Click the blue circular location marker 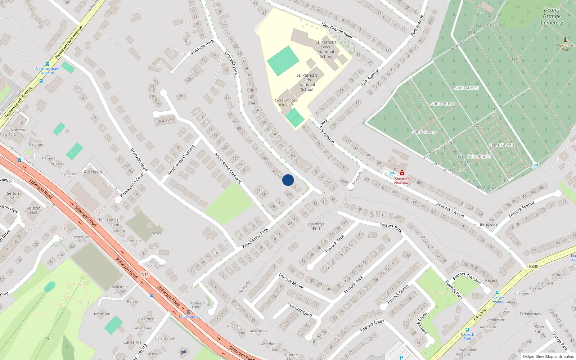[288, 180]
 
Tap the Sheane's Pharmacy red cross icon [402, 173]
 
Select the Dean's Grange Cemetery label [552, 16]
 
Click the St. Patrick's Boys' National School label [326, 49]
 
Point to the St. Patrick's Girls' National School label [307, 82]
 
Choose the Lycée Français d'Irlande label [286, 103]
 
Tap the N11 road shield [145, 274]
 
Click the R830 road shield [534, 266]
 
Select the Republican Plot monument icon [565, 40]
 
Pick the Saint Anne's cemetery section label [466, 87]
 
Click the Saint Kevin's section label [501, 145]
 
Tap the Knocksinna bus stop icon [189, 312]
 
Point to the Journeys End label [316, 226]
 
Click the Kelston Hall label [33, 210]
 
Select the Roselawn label [93, 172]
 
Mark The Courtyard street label [300, 310]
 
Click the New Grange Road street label [337, 30]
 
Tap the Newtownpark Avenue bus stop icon [47, 64]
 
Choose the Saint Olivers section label [423, 132]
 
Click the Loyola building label [155, 233]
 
